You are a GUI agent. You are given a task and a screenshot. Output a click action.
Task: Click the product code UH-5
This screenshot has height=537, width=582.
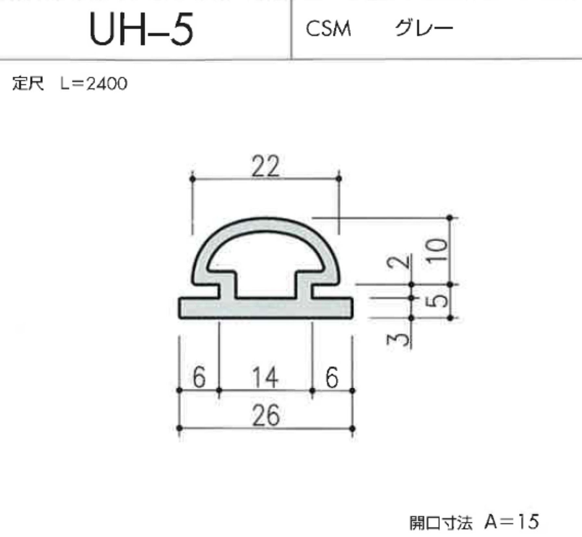141,29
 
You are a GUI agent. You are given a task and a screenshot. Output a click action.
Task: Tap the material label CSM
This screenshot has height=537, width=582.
328,29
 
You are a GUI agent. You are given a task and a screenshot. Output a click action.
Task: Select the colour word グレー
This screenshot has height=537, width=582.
424,28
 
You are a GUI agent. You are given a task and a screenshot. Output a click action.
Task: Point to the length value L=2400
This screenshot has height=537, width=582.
94,84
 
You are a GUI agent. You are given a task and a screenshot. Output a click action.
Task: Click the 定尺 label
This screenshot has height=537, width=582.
28,83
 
